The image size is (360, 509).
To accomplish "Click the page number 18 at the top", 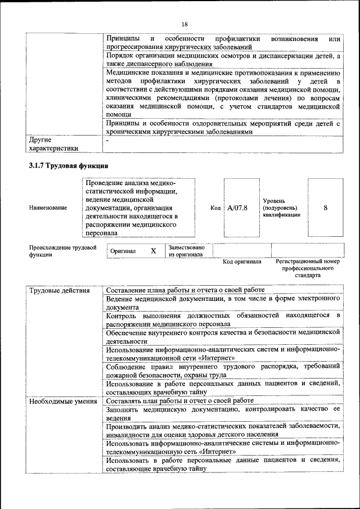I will click(184, 24).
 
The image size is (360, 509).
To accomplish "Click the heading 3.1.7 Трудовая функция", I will click(68, 166).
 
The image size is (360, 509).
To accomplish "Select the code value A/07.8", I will click(237, 208).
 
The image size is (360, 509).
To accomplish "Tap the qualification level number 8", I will click(325, 208).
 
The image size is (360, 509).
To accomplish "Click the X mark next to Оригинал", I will click(153, 251).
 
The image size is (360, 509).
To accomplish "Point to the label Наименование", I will click(48, 208).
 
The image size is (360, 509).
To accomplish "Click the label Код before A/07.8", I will click(215, 208).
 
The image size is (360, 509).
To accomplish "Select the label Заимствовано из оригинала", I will click(186, 251).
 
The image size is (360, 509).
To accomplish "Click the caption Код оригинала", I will click(242, 262).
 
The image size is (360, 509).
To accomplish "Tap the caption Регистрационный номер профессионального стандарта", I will click(308, 269).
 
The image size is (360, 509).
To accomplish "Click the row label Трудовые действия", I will click(59, 290).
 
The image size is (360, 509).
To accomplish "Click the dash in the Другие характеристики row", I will click(107, 139).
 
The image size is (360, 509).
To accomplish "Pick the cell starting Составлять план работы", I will click(179, 401).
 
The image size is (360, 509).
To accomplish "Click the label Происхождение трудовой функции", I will click(62, 251).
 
